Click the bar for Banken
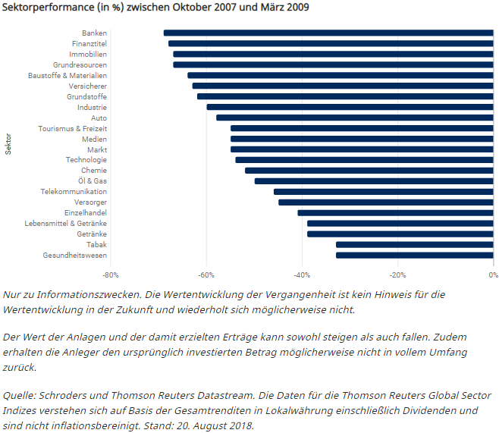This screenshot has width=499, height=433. (x=328, y=33)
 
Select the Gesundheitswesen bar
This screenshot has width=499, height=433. (x=415, y=255)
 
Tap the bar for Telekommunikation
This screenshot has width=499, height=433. (x=384, y=192)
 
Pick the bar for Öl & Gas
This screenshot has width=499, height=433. (x=374, y=181)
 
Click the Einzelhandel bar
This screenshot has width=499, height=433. (x=396, y=213)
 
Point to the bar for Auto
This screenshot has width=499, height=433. (x=355, y=118)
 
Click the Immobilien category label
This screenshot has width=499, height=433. (x=88, y=55)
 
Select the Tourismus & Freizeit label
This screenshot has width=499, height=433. (x=73, y=129)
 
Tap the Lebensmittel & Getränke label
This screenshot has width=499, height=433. (x=66, y=224)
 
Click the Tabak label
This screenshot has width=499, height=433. (x=96, y=245)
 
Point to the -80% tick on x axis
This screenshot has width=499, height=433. (x=111, y=275)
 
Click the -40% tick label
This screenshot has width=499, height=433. (x=302, y=275)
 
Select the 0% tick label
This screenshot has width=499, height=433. (x=493, y=275)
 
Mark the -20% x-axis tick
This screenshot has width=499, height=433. (x=397, y=275)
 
